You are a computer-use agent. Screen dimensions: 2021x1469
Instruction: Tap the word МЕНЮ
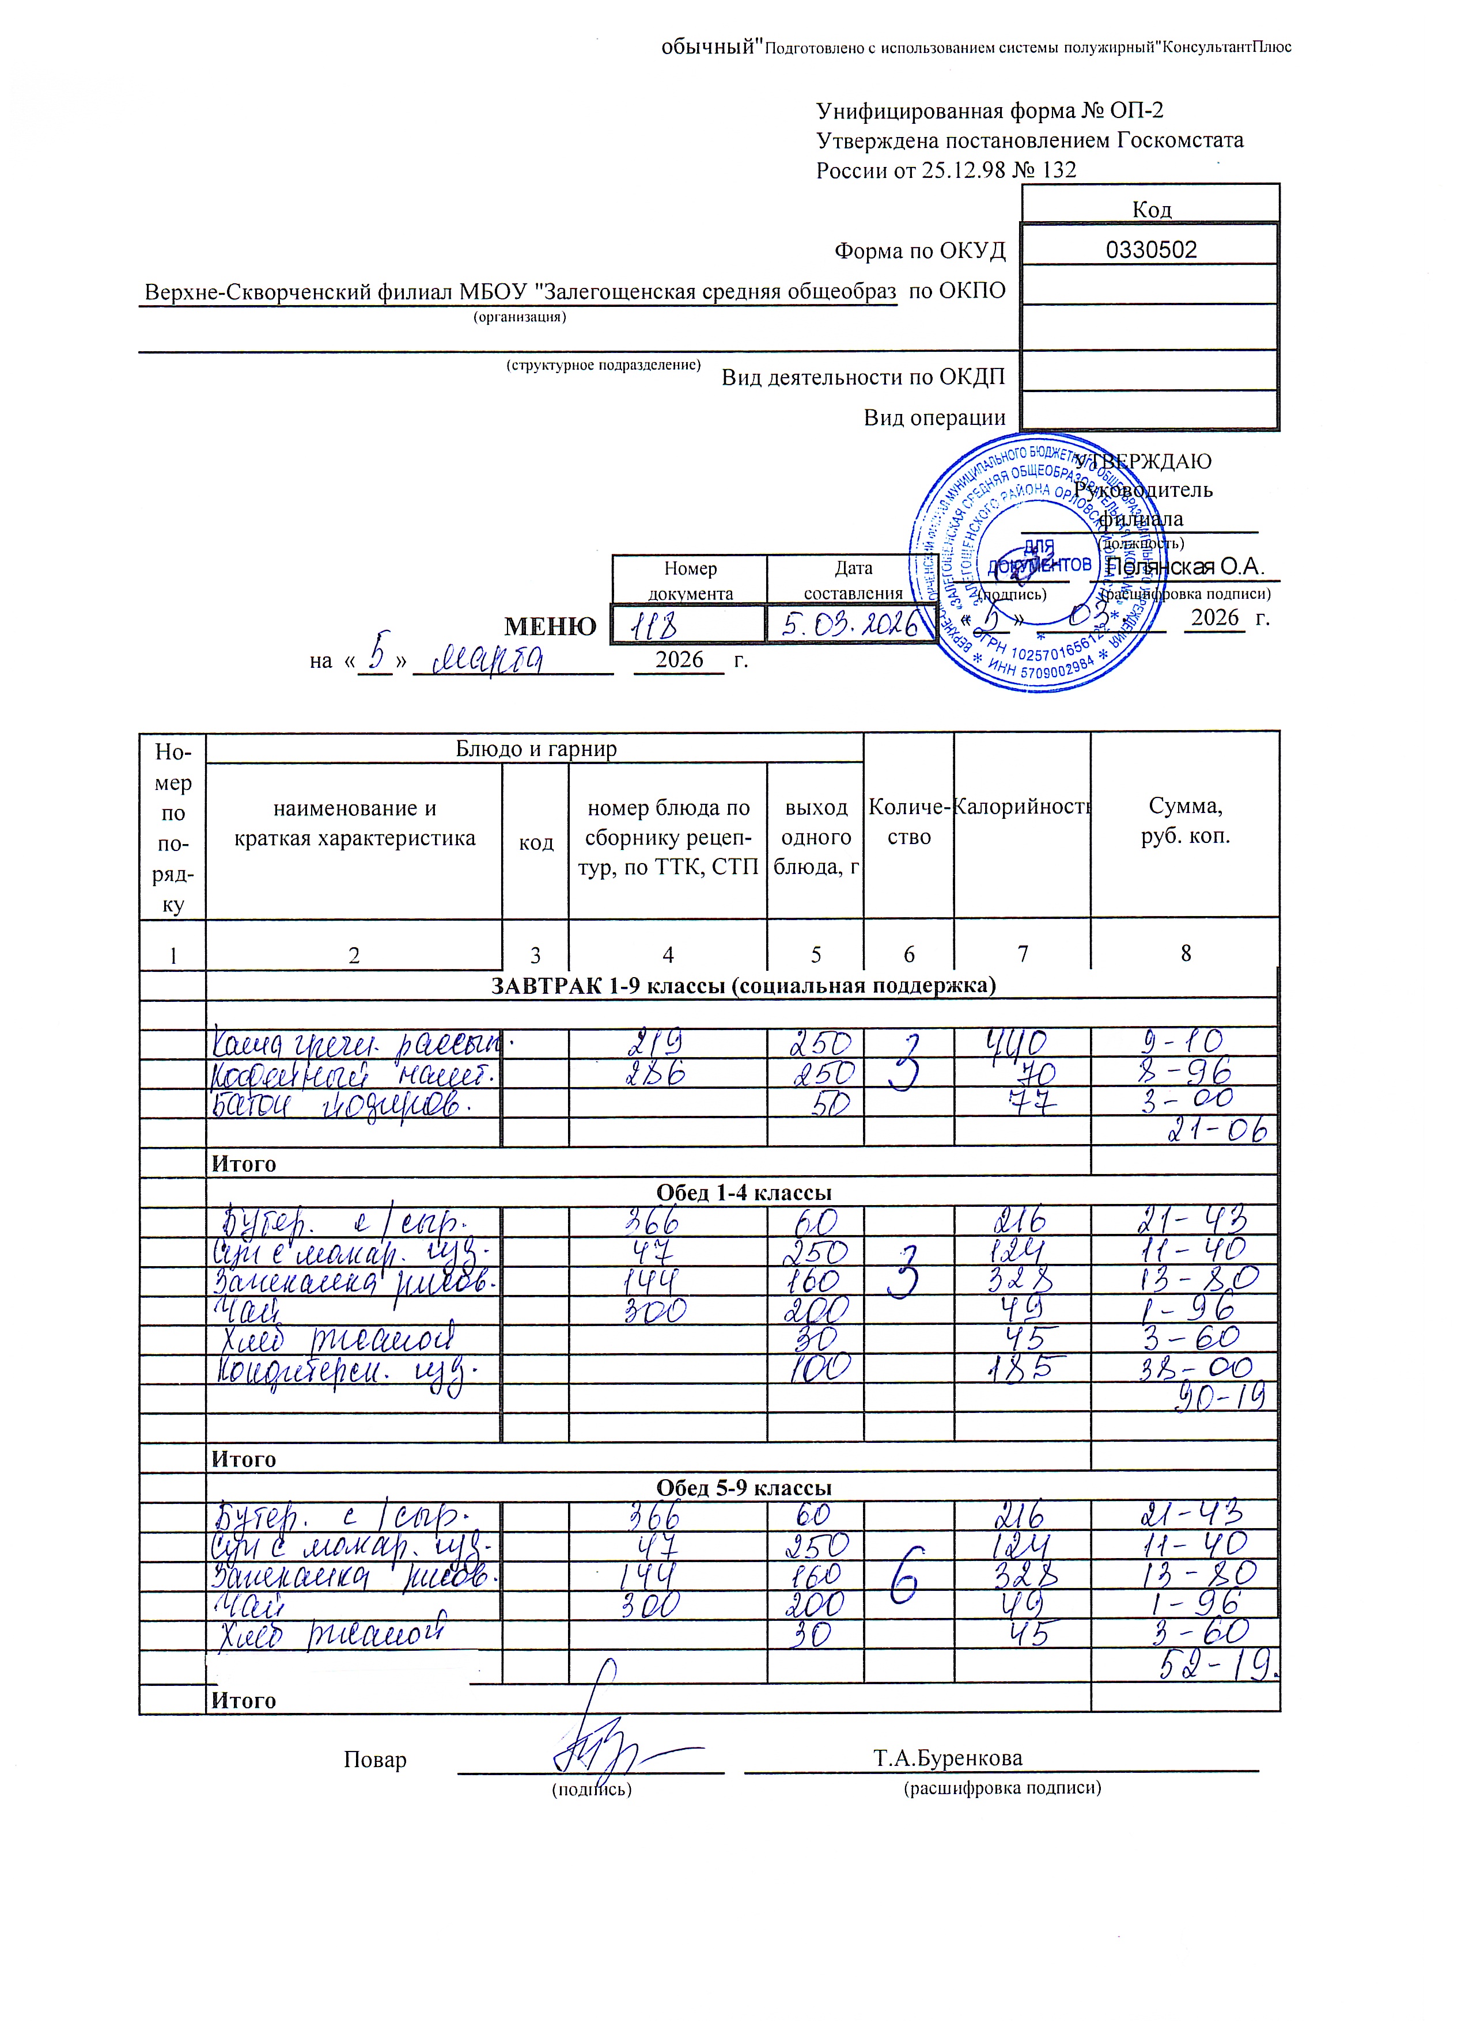tap(550, 626)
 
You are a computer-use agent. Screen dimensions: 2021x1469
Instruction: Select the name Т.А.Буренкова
tap(948, 1758)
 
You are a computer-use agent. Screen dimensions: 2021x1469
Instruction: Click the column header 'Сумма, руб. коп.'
tap(1184, 820)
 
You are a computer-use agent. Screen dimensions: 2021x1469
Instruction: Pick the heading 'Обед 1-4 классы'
tap(743, 1192)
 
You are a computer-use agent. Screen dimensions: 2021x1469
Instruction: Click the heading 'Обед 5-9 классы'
tap(743, 1487)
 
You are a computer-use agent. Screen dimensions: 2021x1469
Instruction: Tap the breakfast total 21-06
tap(1218, 1131)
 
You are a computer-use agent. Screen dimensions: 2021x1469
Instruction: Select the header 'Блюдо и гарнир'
tap(536, 749)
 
